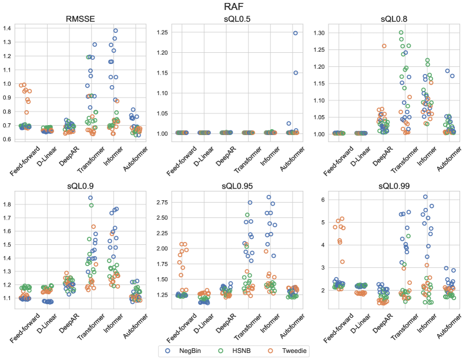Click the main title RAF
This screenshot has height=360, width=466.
[x=233, y=7]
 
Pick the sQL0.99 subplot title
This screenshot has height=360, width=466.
[x=387, y=188]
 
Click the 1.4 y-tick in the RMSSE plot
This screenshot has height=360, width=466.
[x=8, y=28]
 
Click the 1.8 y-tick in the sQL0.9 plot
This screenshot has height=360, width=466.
[x=8, y=204]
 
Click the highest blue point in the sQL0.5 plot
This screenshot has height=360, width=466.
[x=296, y=33]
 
